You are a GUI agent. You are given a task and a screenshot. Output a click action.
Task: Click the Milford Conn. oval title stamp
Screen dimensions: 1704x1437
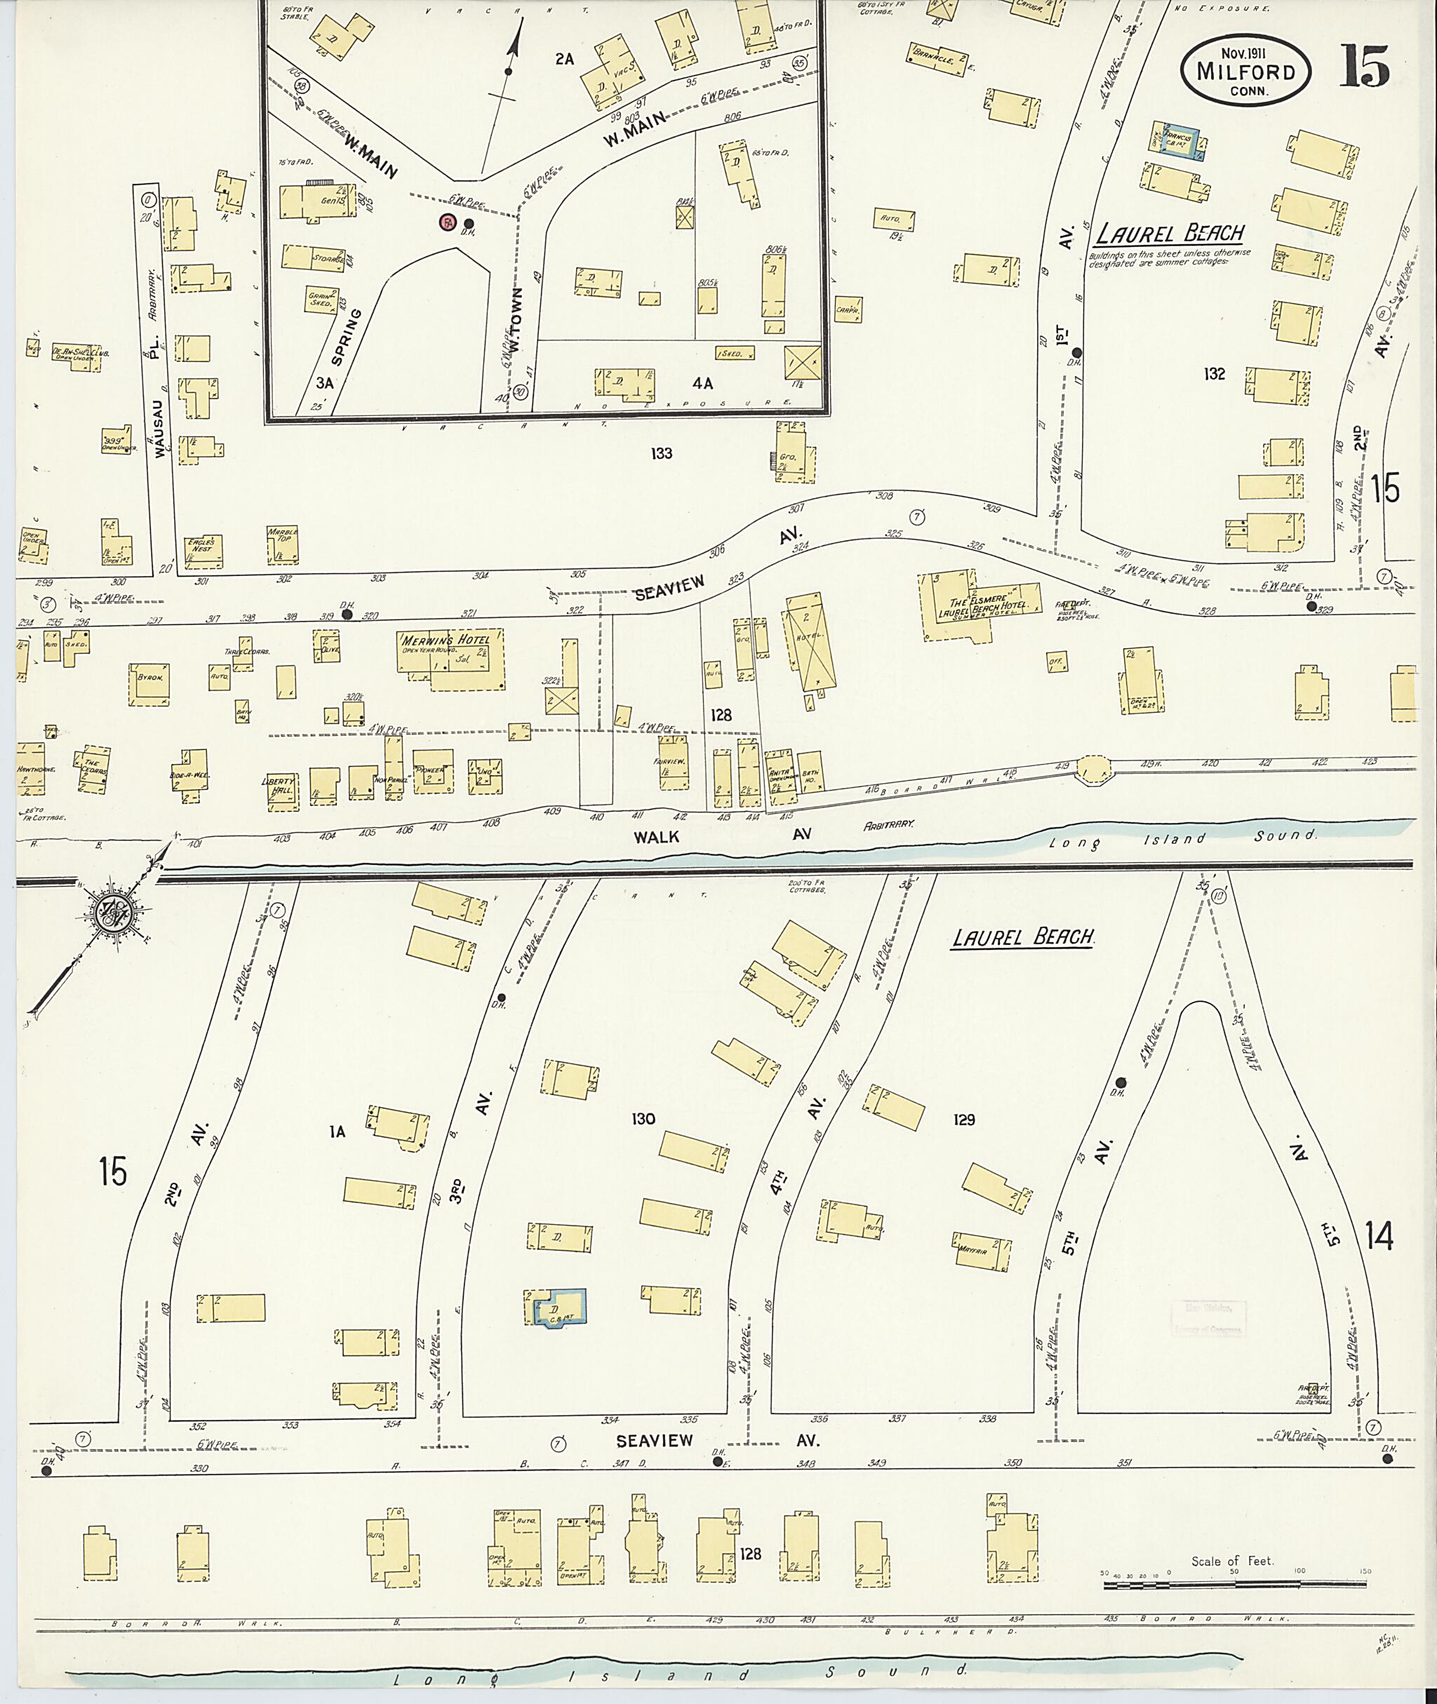tap(1245, 71)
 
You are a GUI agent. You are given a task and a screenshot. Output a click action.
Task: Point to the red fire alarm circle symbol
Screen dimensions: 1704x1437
tap(447, 222)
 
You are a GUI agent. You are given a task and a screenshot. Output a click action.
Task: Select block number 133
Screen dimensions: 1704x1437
tap(661, 454)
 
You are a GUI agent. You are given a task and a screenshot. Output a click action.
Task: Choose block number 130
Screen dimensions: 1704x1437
tap(643, 1119)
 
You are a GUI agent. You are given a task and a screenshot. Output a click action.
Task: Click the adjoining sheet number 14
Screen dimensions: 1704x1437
tap(1379, 1238)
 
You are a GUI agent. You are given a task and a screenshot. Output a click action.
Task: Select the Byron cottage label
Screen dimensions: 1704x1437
tap(149, 677)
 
